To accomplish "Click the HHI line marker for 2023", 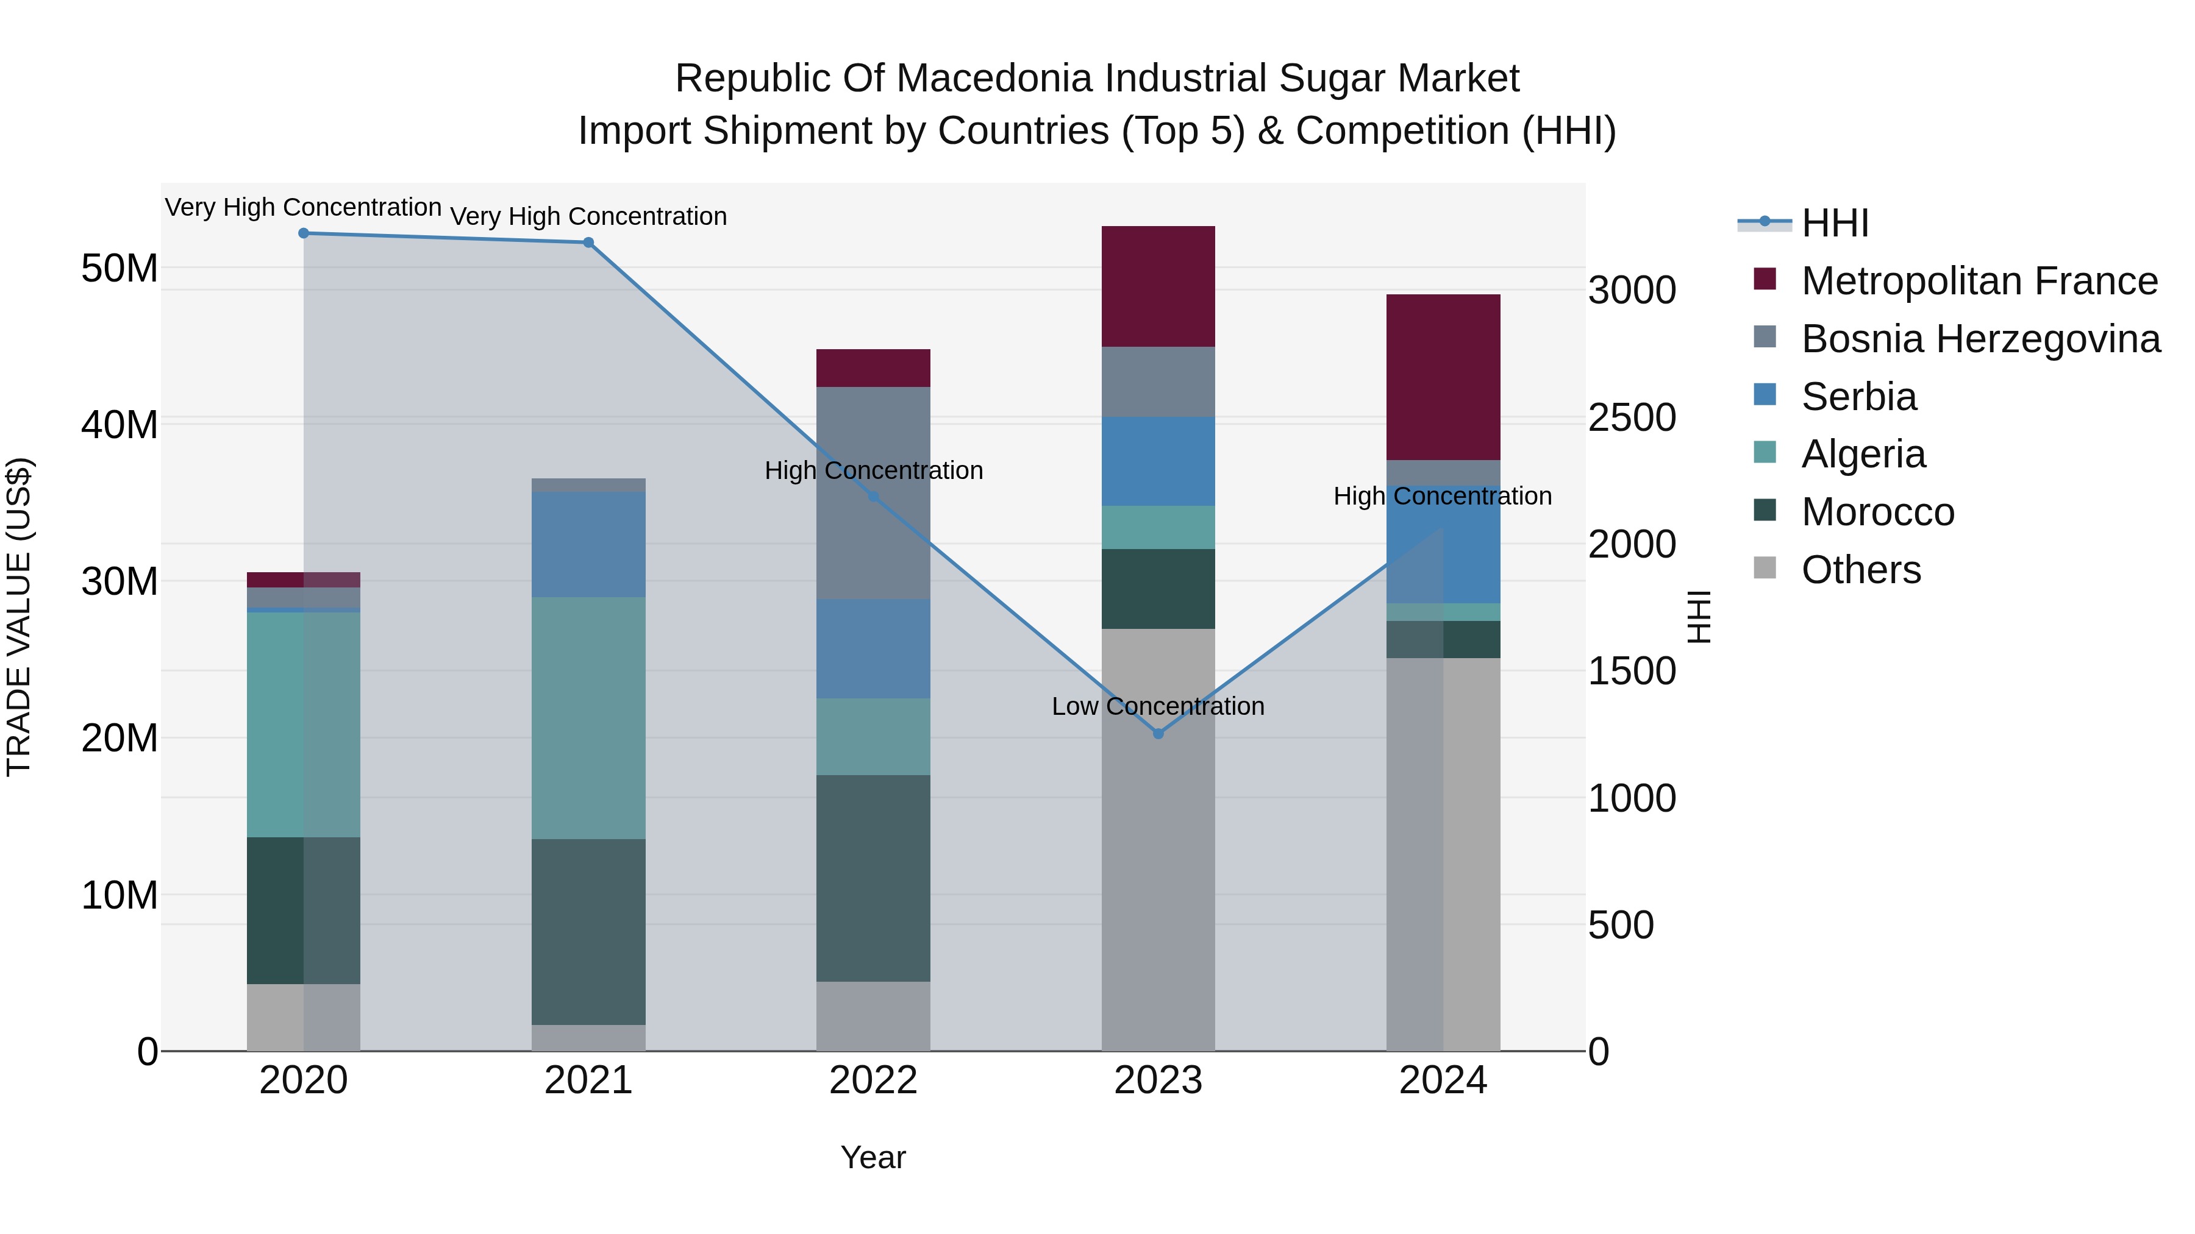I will [1158, 733].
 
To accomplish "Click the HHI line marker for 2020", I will [304, 233].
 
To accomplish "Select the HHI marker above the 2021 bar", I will [588, 243].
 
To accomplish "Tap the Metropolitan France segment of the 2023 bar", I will [1158, 286].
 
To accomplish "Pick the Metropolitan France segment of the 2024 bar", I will [1443, 377].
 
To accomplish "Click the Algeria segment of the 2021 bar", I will [588, 718].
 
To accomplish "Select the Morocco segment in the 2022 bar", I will [873, 878].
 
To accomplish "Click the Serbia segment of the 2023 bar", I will [1158, 461].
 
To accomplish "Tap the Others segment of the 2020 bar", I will [304, 1017].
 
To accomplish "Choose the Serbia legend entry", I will [1858, 397].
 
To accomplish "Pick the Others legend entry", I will [1861, 570].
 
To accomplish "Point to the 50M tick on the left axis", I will [120, 268].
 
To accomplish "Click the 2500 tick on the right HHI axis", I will [1632, 417].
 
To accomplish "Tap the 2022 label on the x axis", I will [873, 1080].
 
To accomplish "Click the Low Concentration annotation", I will [1158, 706].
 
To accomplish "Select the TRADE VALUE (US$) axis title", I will [19, 617].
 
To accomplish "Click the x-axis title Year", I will [873, 1157].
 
